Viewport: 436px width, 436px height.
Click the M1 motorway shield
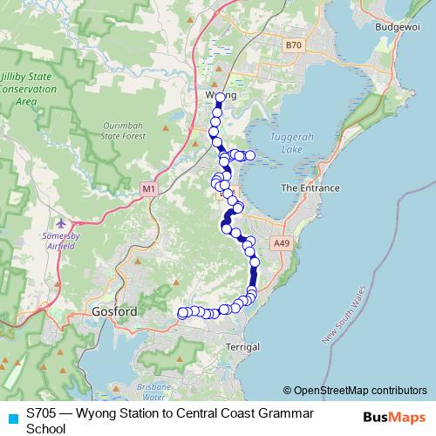(149, 187)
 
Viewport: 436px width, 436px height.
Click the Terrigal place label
(242, 347)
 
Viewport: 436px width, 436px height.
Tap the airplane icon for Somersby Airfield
(59, 223)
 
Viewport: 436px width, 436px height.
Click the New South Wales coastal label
(344, 314)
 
